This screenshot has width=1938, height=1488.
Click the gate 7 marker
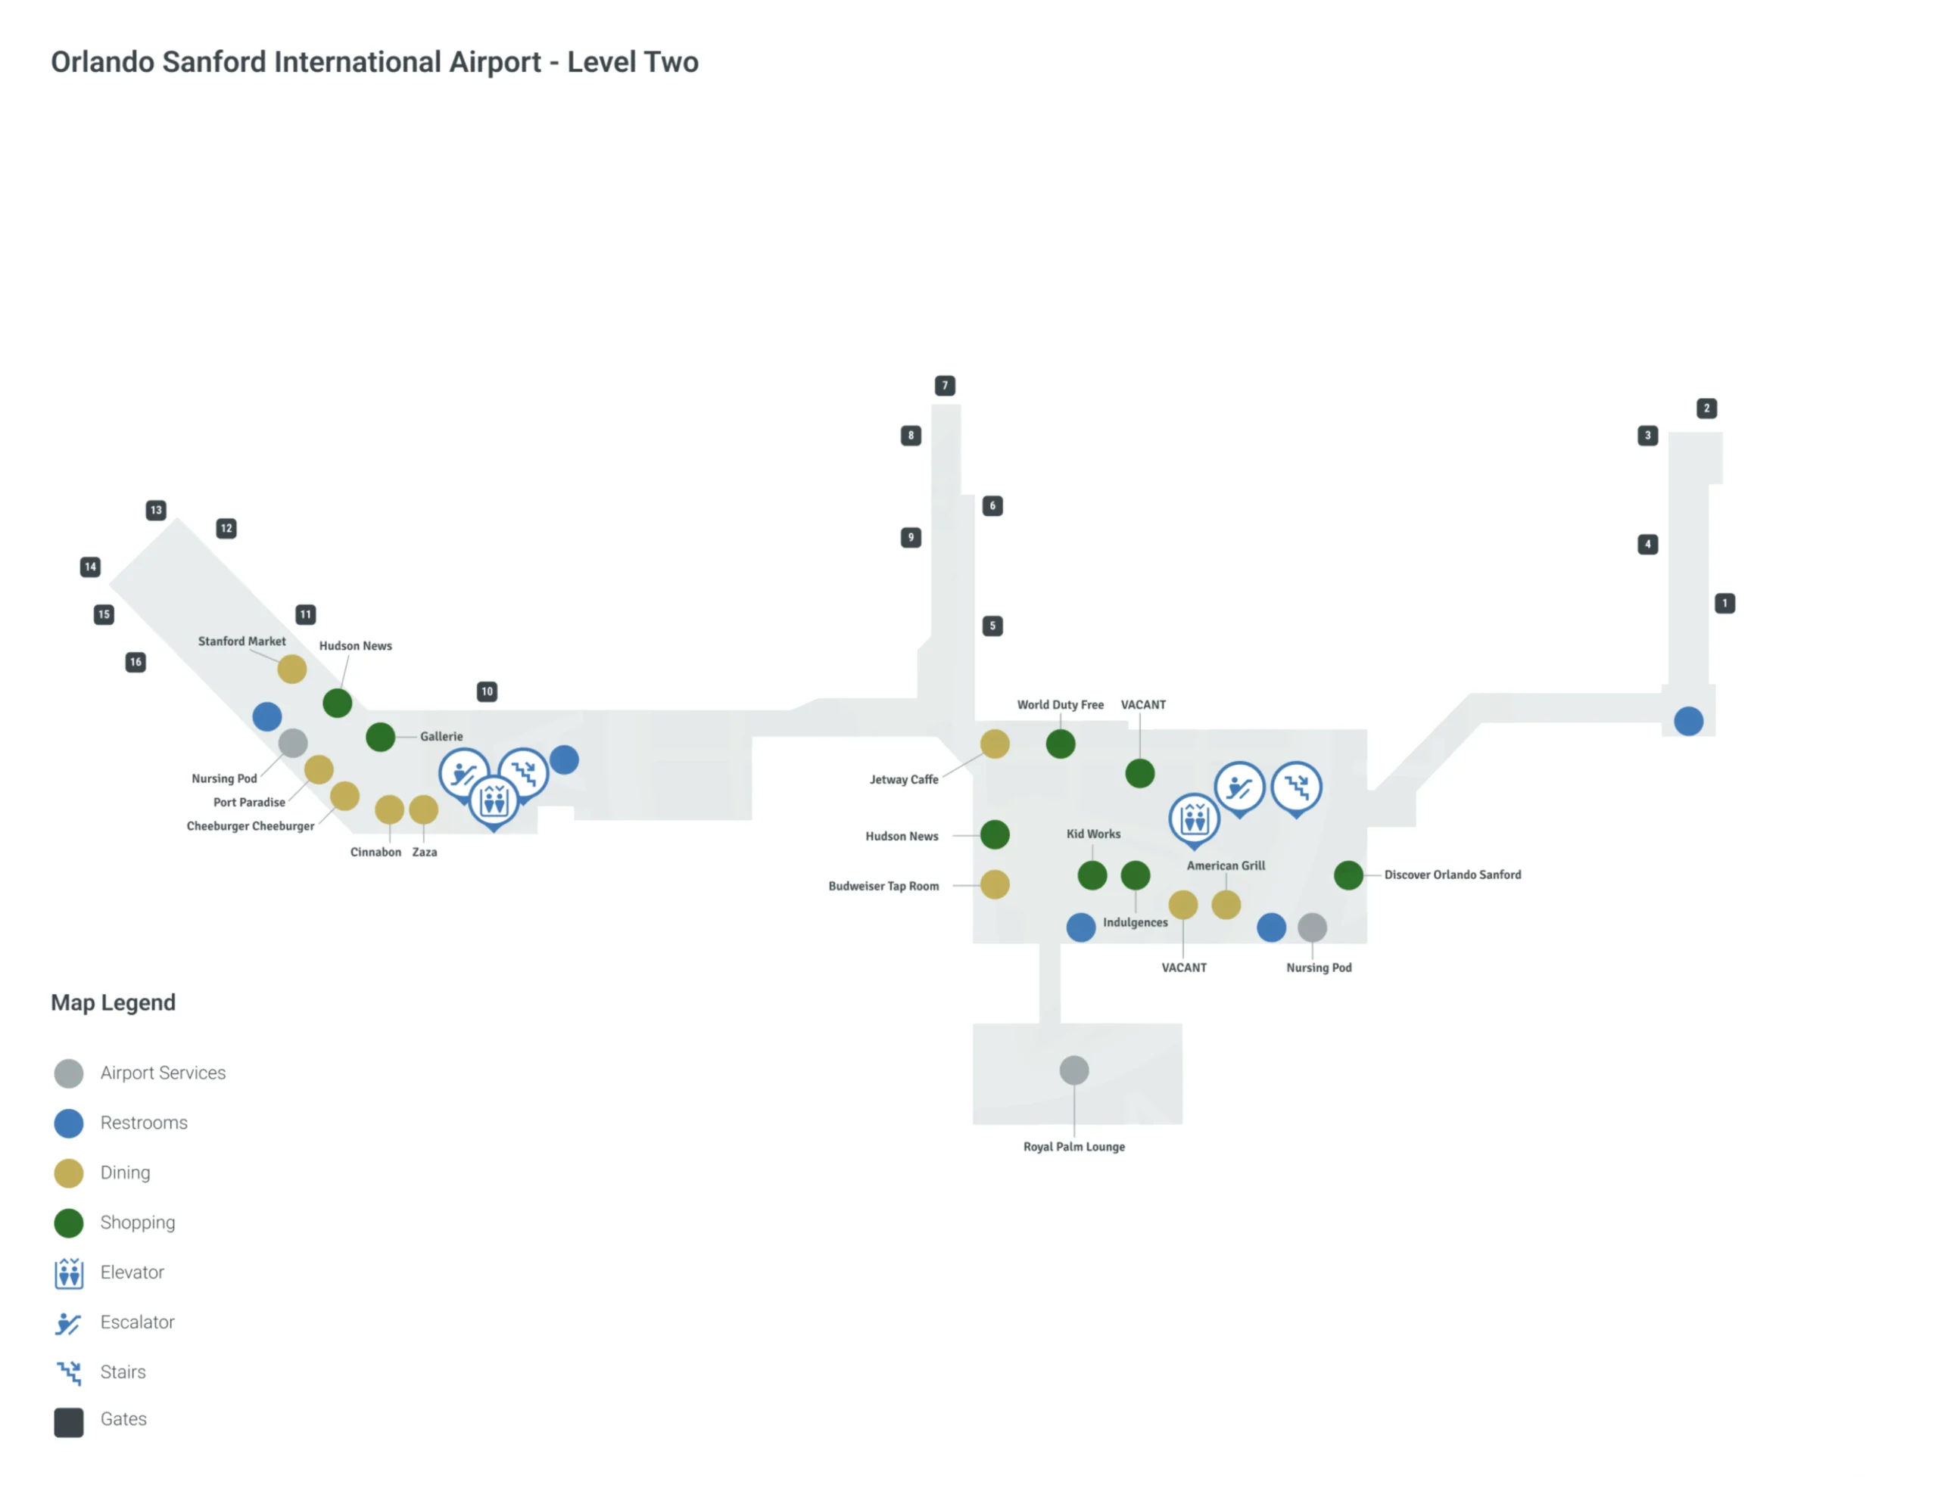point(945,385)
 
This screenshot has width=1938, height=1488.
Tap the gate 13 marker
point(156,510)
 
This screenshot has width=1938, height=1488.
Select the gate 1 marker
point(1725,603)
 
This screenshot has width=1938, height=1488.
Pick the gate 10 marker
point(487,691)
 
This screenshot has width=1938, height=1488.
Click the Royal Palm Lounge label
point(1074,1147)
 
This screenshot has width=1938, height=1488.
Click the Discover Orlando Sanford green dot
point(1348,875)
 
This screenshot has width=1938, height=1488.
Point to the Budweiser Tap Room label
point(883,887)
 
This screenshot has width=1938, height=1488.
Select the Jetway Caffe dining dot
point(994,744)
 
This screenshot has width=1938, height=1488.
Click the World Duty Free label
point(1060,705)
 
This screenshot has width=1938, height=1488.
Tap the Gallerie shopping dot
point(380,737)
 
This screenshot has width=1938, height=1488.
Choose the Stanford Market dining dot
point(291,669)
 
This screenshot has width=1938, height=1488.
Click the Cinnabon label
point(375,852)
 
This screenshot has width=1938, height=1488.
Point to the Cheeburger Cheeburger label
point(250,826)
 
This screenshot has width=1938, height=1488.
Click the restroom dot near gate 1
point(1688,721)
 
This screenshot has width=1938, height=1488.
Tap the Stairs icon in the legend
point(68,1373)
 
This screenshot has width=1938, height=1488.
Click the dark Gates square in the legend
point(68,1422)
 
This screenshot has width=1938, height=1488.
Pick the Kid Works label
point(1092,834)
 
